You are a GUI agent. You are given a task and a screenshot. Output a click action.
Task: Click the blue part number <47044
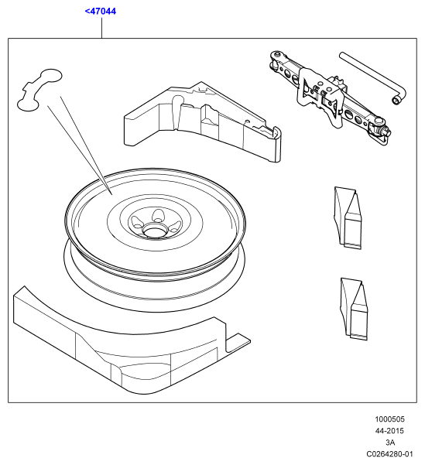101,12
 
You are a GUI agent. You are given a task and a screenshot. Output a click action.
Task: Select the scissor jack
330,97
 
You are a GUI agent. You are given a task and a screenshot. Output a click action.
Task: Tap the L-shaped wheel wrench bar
373,77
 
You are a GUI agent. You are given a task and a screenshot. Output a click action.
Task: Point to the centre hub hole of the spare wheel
154,230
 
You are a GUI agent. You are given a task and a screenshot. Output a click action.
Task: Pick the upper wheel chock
348,217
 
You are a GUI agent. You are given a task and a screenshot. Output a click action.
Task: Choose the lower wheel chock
354,309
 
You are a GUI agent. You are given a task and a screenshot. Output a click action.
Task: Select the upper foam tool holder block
202,121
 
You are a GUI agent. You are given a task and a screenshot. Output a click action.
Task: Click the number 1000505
389,419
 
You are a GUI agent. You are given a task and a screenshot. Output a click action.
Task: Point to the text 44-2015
389,431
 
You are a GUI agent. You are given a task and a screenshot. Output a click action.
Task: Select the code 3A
390,442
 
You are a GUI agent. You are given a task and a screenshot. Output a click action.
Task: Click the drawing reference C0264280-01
389,453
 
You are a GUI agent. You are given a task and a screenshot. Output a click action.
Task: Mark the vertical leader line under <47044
101,28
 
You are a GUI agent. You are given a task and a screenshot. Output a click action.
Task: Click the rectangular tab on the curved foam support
238,343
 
